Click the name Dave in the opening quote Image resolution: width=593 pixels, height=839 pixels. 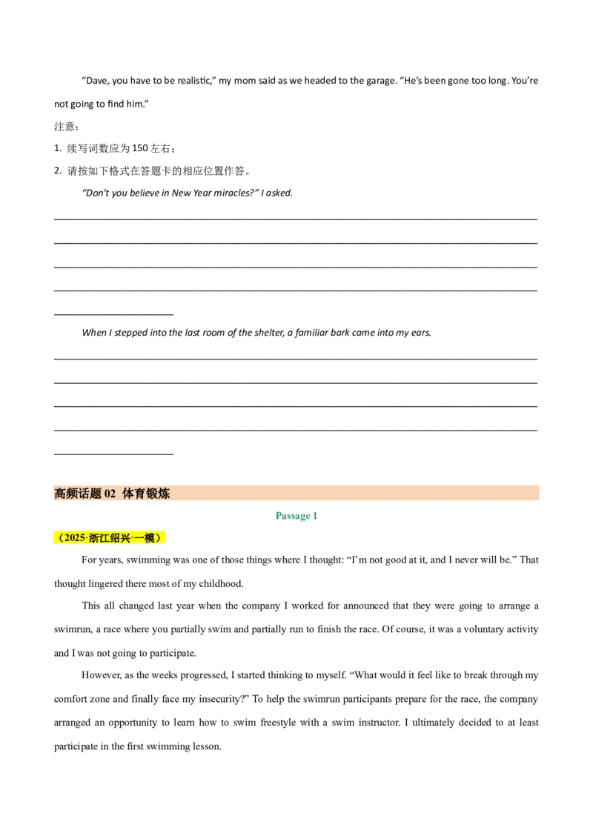coord(98,81)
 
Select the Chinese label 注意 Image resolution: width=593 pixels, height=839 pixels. coord(65,127)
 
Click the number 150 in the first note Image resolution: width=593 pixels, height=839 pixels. coord(139,148)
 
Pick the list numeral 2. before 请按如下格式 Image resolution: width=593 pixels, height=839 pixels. coord(59,170)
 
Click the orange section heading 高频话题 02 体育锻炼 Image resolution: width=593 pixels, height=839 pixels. coord(112,494)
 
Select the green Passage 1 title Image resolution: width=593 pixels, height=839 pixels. coord(296,516)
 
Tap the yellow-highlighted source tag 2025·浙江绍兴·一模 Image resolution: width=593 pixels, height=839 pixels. coord(110,538)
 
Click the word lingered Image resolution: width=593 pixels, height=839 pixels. coord(105,584)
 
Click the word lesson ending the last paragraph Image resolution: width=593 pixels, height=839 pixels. coord(207,746)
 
